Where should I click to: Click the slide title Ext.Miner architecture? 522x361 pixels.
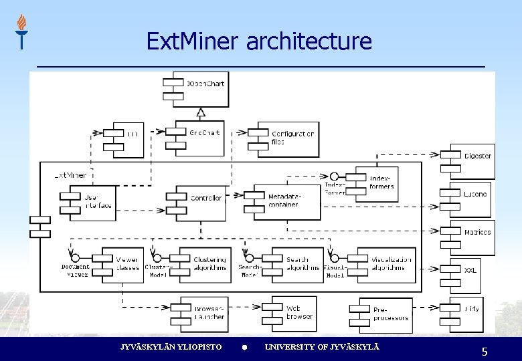259,41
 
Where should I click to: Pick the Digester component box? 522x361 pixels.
472,160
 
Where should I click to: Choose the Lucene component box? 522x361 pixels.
471,199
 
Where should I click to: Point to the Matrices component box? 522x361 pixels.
472,237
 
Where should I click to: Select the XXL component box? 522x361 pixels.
466,275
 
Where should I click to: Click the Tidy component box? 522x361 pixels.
466,313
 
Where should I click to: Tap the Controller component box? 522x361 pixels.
200,202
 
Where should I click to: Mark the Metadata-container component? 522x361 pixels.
288,202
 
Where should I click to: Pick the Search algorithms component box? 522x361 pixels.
298,264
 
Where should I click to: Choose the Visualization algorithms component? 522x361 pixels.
382,264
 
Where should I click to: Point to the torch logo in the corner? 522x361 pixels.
22,31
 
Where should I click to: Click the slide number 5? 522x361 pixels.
485,352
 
